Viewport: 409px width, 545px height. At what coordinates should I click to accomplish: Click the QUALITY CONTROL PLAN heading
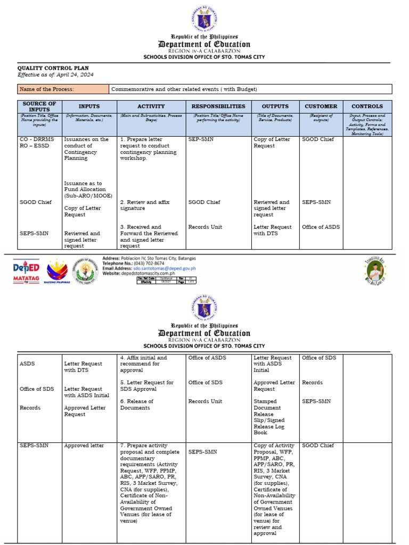pos(53,68)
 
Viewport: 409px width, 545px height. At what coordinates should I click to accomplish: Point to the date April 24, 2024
pos(72,75)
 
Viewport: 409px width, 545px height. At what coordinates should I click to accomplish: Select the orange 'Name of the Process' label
pos(63,89)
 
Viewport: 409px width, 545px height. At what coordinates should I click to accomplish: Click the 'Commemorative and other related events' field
pos(184,89)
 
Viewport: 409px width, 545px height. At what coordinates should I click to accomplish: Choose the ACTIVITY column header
pos(151,106)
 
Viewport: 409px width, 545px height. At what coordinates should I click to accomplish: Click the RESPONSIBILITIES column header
pos(218,106)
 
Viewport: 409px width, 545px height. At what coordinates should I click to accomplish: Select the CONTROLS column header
pos(367,106)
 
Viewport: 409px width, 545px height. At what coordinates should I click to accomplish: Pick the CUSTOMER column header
pos(321,106)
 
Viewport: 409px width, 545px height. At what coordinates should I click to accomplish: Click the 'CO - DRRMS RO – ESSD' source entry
pos(37,143)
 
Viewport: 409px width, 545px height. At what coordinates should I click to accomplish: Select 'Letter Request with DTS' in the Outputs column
pos(272,230)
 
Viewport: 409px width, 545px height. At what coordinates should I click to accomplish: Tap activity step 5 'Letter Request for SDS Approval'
pos(146,385)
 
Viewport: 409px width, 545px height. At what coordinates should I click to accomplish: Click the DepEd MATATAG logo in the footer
pos(26,271)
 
